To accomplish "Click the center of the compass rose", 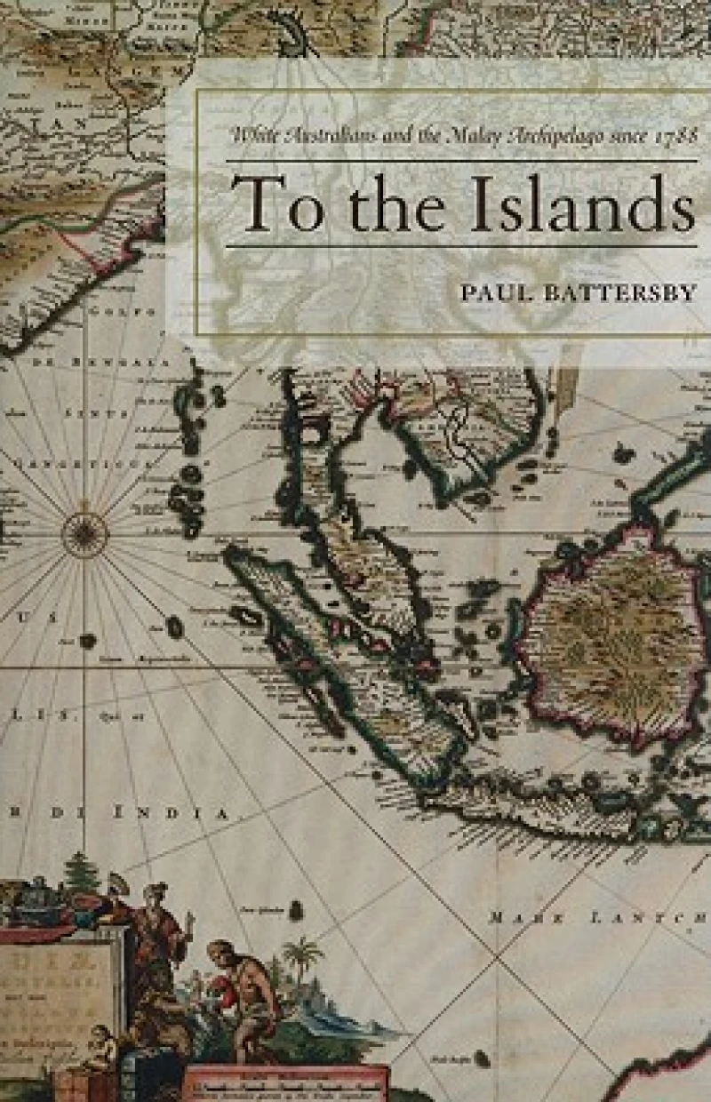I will [x=84, y=535].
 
